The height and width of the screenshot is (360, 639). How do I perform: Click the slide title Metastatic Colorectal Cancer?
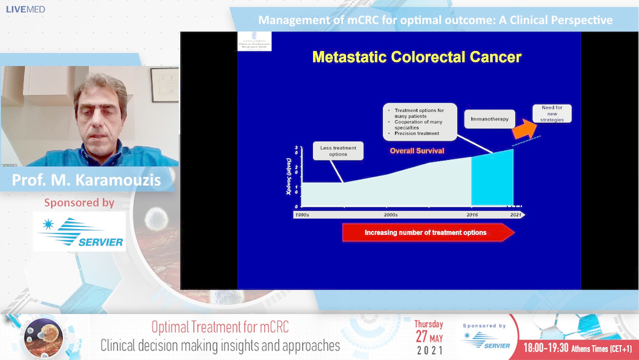coord(417,57)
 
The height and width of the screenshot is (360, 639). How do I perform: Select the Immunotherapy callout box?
coord(489,119)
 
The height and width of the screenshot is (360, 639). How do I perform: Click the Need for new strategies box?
coord(551,114)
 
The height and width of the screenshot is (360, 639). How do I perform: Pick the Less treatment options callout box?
coord(338,151)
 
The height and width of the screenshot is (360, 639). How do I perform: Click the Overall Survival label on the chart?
coord(417,151)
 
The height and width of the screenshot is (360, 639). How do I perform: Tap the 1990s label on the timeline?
coord(302,214)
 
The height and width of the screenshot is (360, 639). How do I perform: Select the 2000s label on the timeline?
coord(390,214)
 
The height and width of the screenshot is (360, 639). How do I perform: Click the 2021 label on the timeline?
coord(515,214)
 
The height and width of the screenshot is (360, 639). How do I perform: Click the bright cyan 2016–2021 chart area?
coord(492,181)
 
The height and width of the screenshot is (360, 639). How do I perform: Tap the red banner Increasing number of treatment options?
coord(426,233)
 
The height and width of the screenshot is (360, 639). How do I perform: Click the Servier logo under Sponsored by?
coord(79,232)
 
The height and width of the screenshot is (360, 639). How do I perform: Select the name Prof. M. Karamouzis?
coord(86,180)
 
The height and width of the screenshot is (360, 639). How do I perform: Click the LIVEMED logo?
coord(25,9)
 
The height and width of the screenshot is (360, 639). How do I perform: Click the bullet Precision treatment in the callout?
coord(417,133)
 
